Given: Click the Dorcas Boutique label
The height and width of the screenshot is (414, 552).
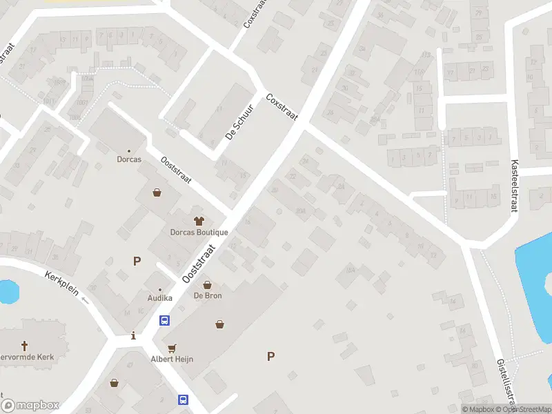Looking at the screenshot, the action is [199, 233].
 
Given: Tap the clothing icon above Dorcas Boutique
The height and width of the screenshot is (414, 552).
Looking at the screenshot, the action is [199, 221].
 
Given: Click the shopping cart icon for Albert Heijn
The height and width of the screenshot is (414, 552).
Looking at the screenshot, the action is [171, 348].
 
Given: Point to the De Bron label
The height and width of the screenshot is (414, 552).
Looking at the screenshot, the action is [206, 295].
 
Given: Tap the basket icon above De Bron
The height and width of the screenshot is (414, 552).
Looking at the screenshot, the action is [206, 284].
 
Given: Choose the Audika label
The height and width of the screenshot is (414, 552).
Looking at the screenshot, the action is [160, 298].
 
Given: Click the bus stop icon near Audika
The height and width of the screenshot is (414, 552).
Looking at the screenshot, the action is [165, 320].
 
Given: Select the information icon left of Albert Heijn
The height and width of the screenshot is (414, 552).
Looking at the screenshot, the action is [133, 336].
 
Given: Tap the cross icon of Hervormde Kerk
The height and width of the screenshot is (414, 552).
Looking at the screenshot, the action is [26, 346].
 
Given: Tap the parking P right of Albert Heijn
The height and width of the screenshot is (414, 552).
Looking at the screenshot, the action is [270, 356].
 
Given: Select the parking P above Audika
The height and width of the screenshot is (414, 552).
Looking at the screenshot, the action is [137, 261].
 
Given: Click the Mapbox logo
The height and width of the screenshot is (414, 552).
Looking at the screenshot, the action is [30, 406].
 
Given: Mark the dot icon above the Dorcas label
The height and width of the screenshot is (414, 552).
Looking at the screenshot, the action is [129, 150].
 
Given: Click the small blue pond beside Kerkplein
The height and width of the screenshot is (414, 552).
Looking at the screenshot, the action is [7, 292].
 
